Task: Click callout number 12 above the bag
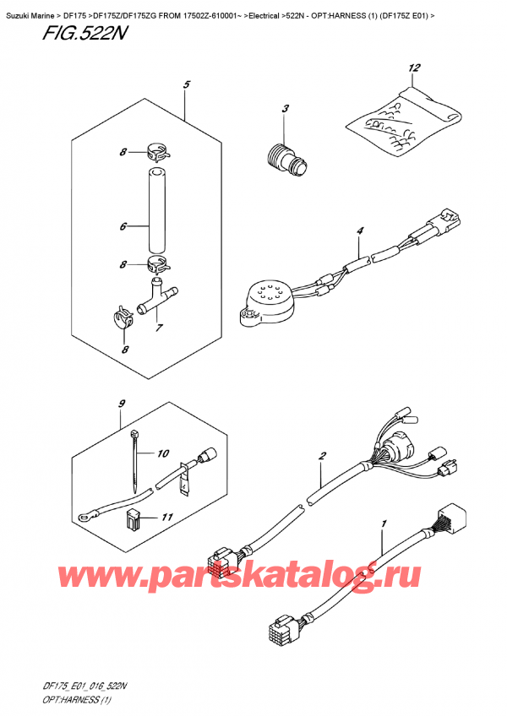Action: (413, 68)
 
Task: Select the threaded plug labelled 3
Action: (286, 158)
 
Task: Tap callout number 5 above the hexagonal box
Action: (186, 84)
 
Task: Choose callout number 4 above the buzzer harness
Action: (360, 231)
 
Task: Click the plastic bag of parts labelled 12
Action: (403, 120)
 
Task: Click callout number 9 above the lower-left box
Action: (122, 404)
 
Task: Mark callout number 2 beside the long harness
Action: (322, 456)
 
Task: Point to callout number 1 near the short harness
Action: (384, 523)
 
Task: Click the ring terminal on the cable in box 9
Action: (84, 518)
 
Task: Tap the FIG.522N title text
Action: (84, 33)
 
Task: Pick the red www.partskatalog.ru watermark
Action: (238, 575)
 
